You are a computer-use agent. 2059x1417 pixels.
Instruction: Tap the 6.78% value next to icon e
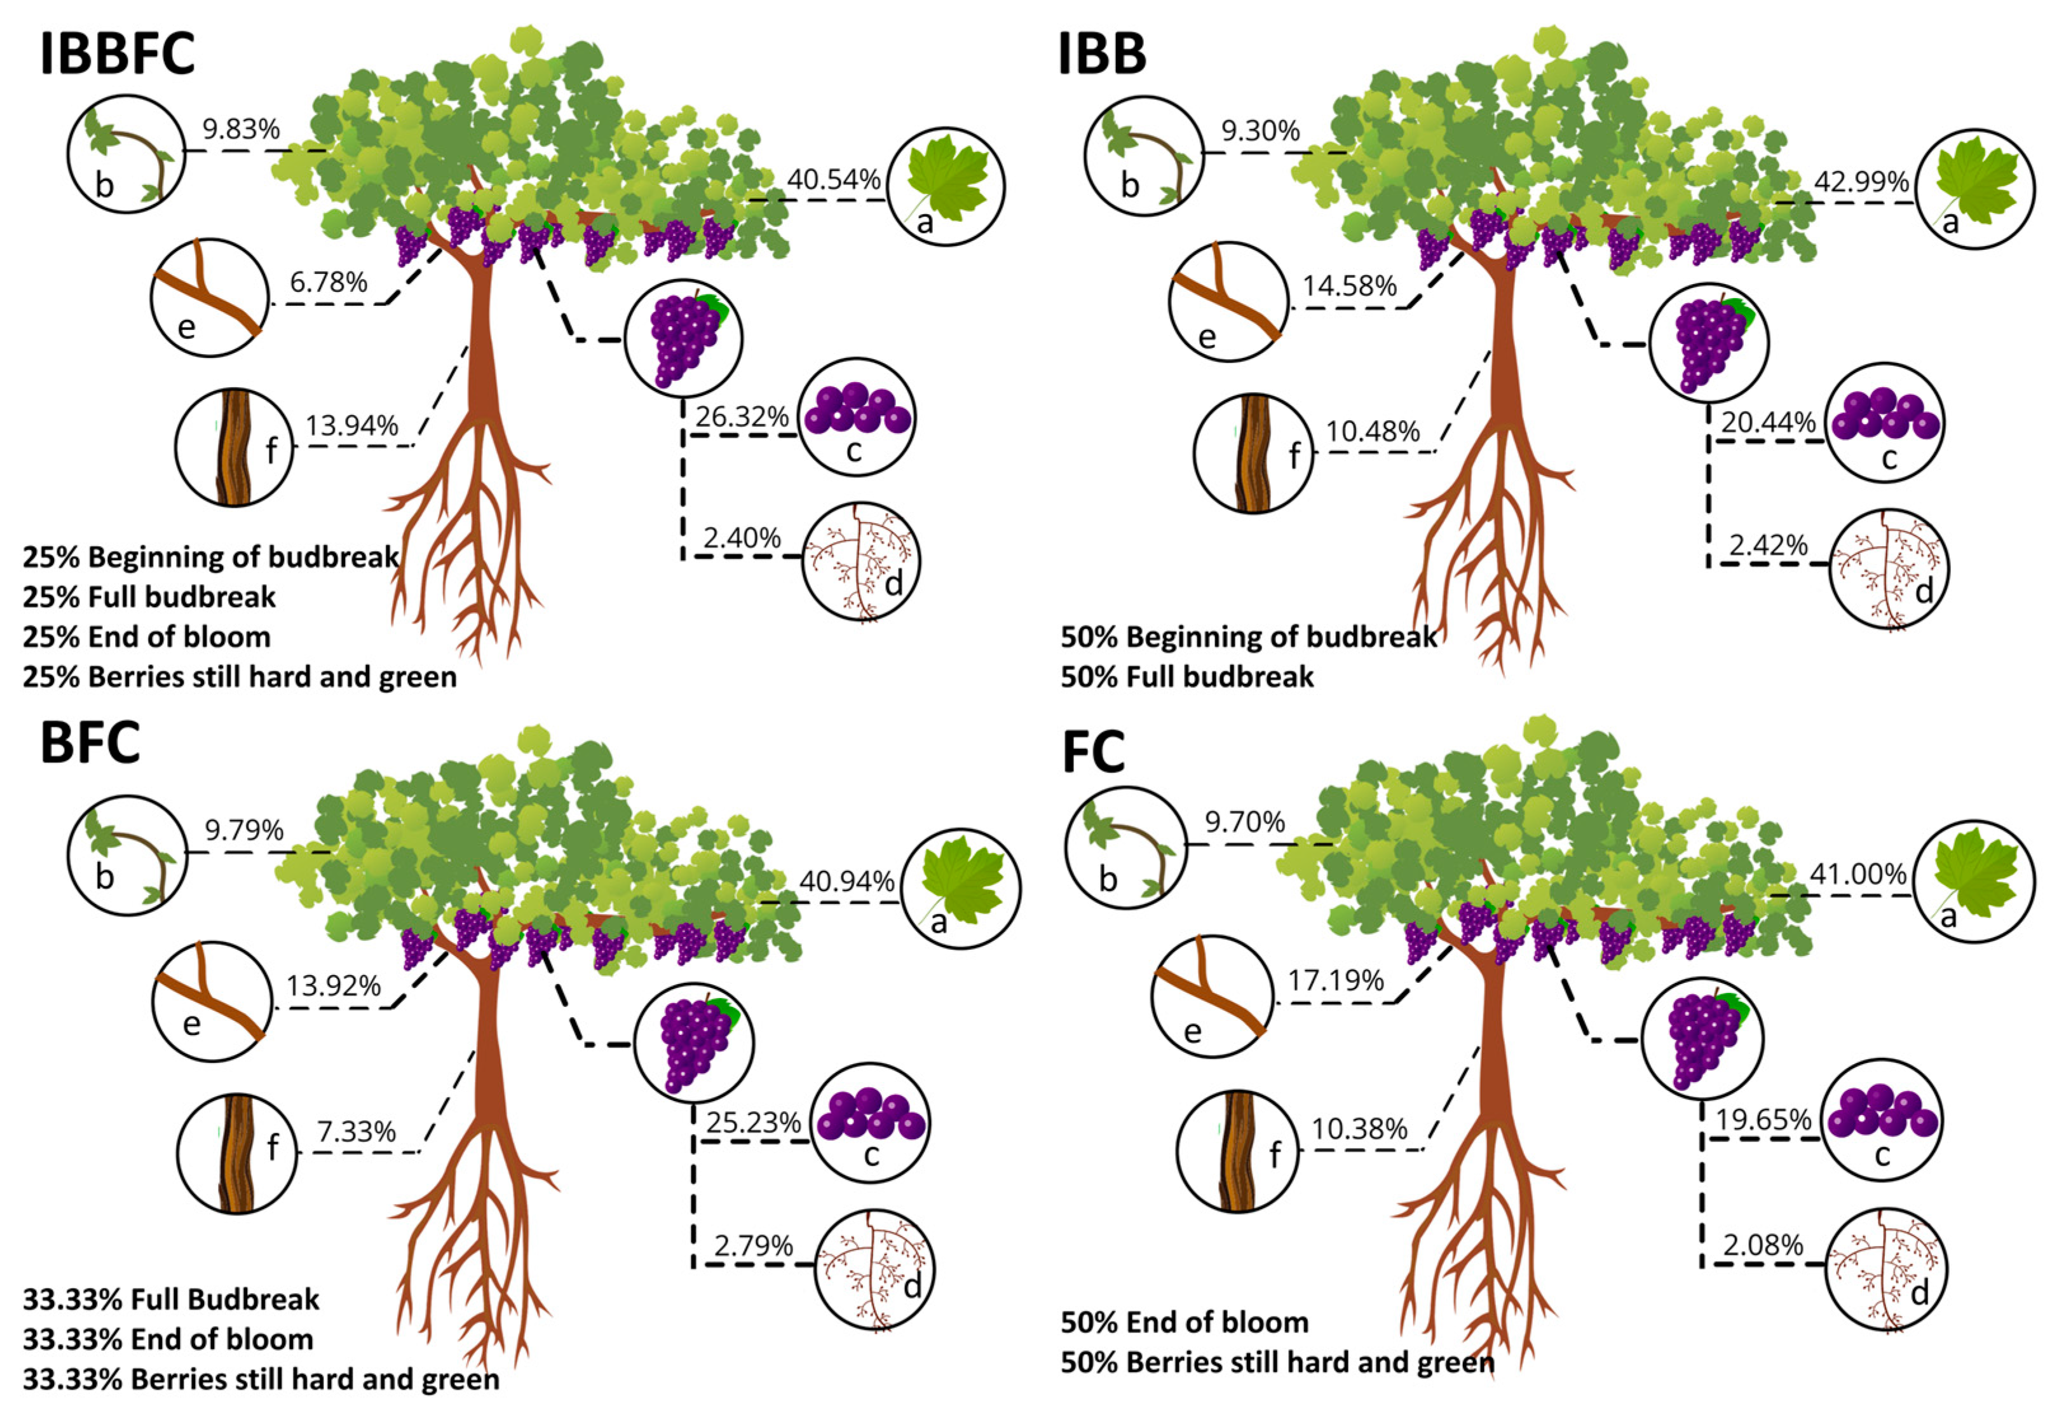point(329,282)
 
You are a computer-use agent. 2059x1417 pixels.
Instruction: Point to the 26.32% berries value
point(742,416)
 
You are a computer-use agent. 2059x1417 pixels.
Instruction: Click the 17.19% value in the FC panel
point(1336,980)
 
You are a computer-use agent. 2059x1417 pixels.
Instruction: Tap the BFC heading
point(90,743)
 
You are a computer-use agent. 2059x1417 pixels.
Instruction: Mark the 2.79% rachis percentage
point(752,1245)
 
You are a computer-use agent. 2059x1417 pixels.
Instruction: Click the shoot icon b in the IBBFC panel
point(126,154)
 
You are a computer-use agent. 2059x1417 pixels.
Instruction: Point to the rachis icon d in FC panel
point(1885,1271)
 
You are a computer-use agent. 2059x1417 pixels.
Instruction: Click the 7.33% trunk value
point(356,1132)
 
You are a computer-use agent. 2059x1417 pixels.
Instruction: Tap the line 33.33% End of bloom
point(168,1339)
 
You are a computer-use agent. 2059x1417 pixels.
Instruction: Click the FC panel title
point(1094,753)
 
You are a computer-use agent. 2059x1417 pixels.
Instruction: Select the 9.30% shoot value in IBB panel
point(1260,132)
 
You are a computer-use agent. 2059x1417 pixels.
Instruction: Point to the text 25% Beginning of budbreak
point(210,557)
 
